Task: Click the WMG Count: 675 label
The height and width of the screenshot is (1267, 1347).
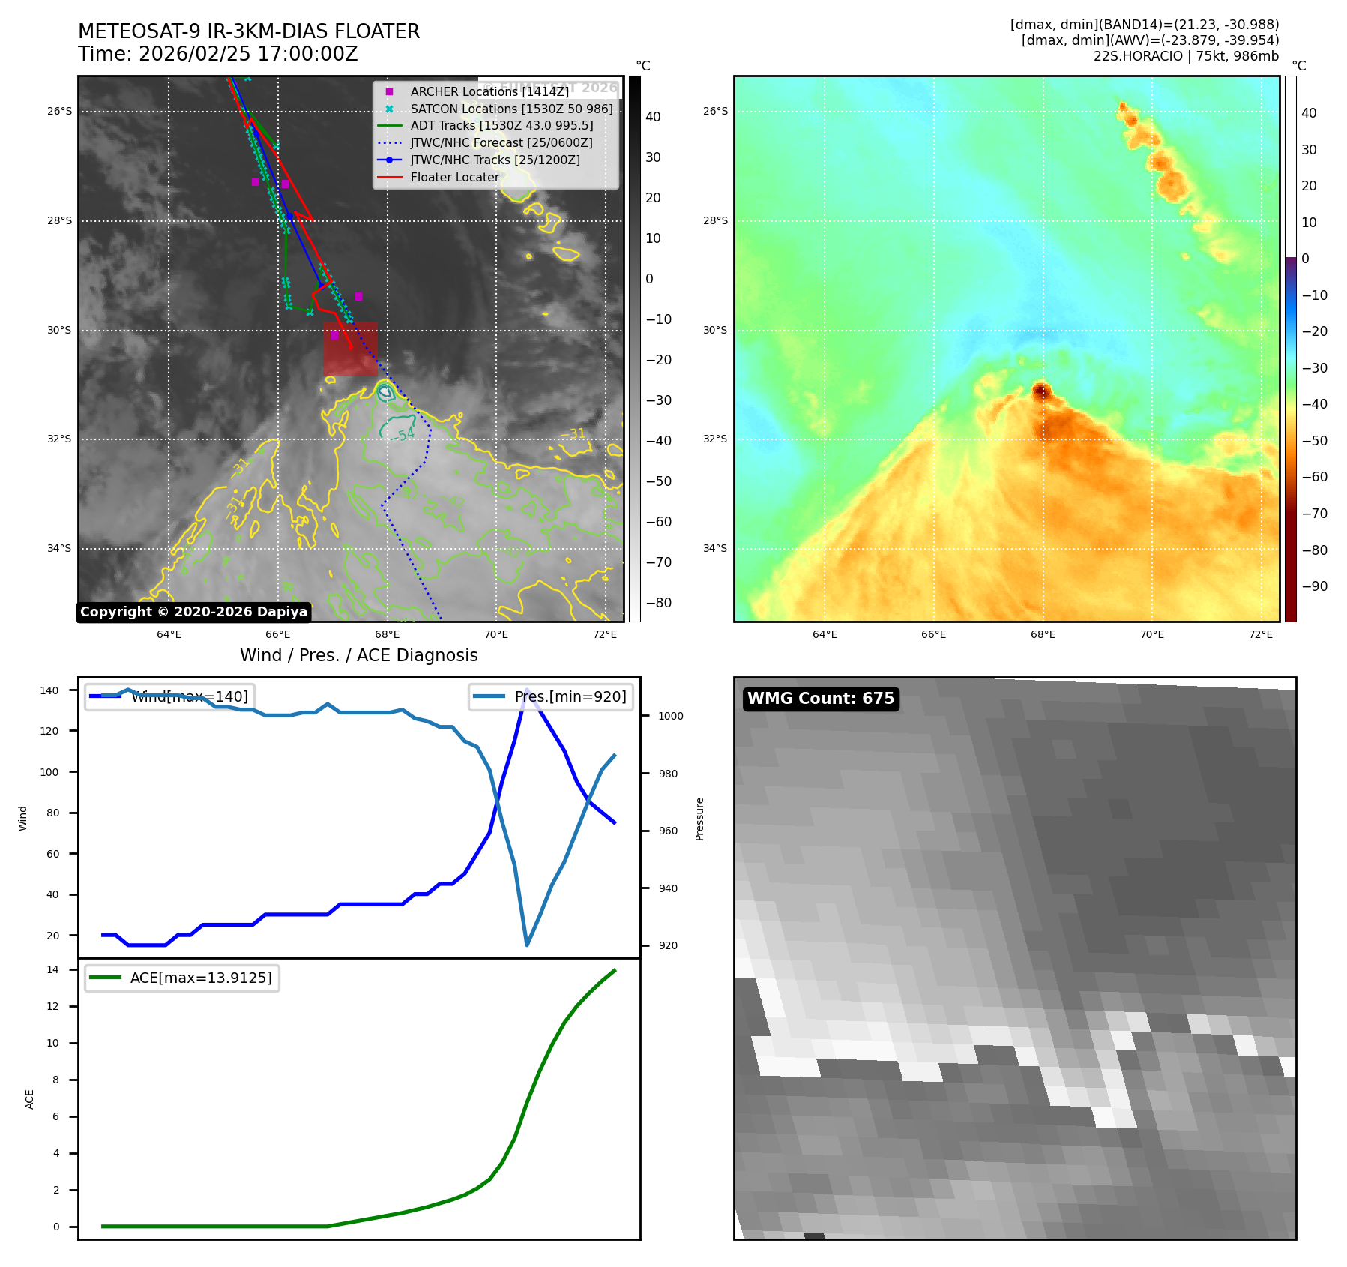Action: pos(820,699)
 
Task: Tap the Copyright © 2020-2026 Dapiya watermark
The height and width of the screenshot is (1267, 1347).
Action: pos(193,612)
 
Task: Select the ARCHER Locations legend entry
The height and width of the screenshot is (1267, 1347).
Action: pos(489,91)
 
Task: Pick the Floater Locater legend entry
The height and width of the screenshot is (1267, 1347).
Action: pos(454,177)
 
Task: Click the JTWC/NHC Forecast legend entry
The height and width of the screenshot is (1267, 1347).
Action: pos(501,142)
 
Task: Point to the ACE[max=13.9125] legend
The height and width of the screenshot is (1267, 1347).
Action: pos(200,978)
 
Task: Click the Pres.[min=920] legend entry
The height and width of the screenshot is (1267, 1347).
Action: pos(570,696)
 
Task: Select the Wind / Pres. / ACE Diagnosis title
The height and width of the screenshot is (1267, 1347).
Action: pos(358,655)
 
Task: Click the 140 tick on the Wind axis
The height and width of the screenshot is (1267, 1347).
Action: pos(49,690)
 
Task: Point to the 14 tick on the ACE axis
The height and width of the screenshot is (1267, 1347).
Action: pos(53,969)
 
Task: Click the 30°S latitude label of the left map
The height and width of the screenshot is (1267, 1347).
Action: pos(60,330)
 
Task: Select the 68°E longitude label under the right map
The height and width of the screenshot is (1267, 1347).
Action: pos(1043,634)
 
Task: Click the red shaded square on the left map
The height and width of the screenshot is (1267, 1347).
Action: pos(350,349)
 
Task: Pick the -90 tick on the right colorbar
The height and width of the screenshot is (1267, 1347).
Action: pos(1314,586)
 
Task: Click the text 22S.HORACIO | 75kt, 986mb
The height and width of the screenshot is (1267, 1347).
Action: pos(1186,56)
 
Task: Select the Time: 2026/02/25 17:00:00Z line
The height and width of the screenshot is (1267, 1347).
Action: pos(217,54)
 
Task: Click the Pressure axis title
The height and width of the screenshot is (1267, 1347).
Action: pos(699,819)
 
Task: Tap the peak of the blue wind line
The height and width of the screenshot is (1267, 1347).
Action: pos(527,690)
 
